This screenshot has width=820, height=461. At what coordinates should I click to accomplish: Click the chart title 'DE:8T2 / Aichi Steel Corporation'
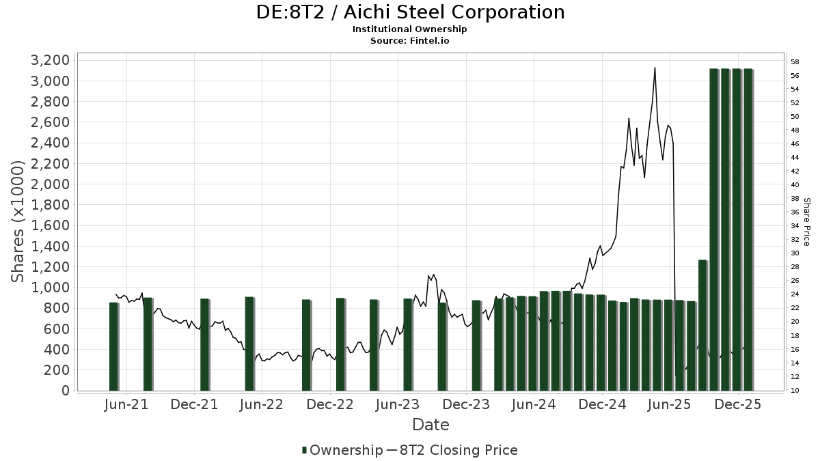click(x=410, y=12)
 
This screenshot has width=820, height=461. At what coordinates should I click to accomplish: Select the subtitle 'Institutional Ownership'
click(x=410, y=29)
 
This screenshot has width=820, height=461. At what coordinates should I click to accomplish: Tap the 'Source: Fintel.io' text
click(x=410, y=40)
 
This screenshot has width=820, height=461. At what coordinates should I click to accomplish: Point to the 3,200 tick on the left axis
click(x=51, y=60)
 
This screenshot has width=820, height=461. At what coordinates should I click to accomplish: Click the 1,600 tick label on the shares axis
click(x=51, y=225)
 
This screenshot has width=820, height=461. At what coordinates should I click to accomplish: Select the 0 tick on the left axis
click(x=65, y=391)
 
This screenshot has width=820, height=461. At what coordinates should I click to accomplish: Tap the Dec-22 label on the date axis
click(x=330, y=405)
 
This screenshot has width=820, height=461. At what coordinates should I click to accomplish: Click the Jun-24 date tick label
click(x=534, y=405)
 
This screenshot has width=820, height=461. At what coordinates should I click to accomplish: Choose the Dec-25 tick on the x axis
click(x=738, y=405)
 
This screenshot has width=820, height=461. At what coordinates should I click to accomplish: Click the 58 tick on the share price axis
click(x=795, y=61)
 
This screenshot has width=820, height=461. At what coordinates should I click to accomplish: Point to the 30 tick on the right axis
click(x=795, y=253)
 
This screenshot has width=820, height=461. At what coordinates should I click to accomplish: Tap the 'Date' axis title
click(x=430, y=425)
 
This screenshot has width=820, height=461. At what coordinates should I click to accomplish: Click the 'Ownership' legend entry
click(x=342, y=450)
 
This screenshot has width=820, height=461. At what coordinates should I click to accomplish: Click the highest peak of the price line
click(x=655, y=68)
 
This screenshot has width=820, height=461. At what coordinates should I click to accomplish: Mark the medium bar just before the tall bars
click(x=702, y=325)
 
